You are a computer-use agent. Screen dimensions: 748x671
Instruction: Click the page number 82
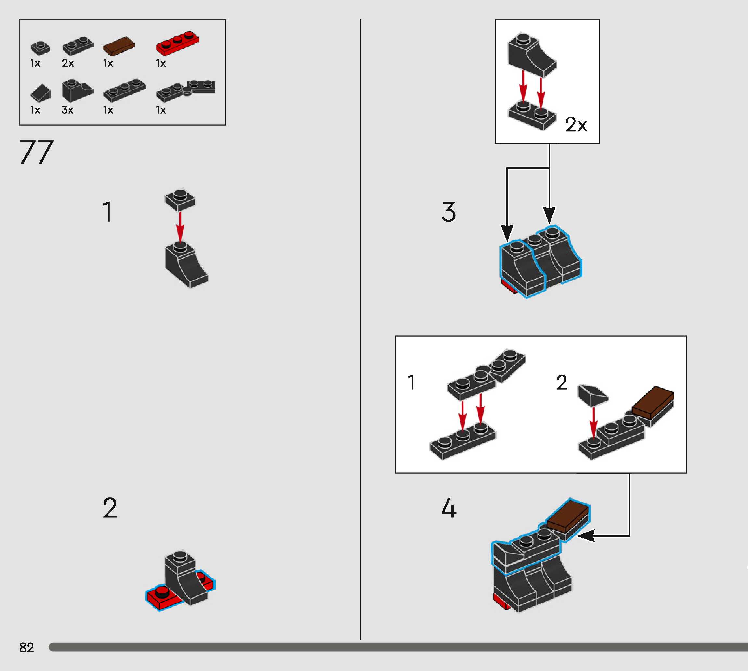point(27,647)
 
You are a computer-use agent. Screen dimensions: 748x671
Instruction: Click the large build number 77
point(36,152)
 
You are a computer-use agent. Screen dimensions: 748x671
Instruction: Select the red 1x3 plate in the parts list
point(177,43)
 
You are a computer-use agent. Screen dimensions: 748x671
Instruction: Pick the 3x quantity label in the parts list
point(68,110)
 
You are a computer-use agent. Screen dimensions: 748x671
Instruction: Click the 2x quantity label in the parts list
point(68,63)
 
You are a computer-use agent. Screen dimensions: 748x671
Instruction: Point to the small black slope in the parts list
point(41,93)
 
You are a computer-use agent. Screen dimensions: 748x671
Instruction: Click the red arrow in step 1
point(180,226)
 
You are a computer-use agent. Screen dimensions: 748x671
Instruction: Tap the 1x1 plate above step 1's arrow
point(180,200)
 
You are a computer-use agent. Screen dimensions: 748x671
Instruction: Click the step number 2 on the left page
point(110,508)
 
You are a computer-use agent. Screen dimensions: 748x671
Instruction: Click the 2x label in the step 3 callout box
point(576,125)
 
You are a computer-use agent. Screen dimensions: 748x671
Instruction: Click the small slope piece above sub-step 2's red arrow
point(593,396)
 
